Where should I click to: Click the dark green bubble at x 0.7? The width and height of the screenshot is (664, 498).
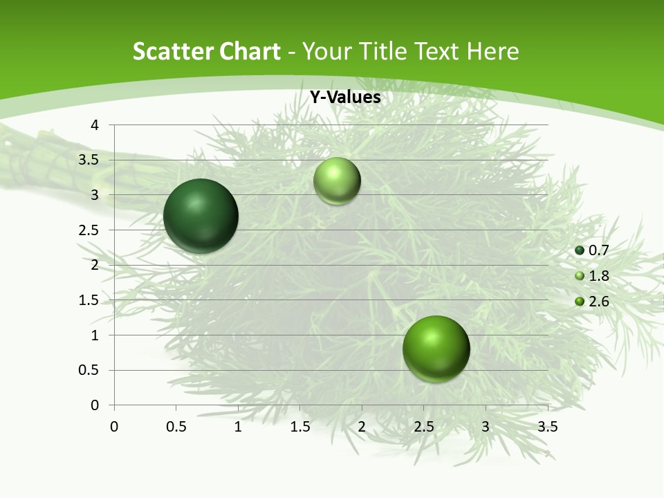(x=201, y=216)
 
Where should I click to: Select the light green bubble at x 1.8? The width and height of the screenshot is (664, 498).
(x=337, y=181)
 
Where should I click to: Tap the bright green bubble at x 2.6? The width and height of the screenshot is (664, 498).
(x=436, y=349)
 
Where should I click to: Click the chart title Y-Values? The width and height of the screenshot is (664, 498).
(x=344, y=98)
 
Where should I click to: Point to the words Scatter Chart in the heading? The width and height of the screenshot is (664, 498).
(x=207, y=51)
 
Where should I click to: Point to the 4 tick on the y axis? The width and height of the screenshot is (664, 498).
(x=95, y=125)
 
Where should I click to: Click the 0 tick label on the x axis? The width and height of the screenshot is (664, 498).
(x=114, y=427)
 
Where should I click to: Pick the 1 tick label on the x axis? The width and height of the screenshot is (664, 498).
(x=238, y=427)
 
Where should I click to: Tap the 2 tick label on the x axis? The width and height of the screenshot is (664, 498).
(x=362, y=427)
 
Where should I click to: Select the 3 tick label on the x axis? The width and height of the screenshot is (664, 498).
(x=486, y=427)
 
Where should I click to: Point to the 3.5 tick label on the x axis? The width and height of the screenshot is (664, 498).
(x=547, y=427)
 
